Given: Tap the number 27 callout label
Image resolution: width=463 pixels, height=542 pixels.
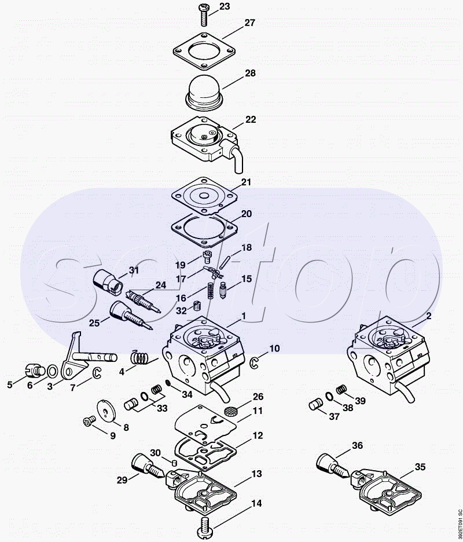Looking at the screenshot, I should click(249, 23).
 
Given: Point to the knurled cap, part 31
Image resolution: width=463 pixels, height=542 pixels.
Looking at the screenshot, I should click(109, 280).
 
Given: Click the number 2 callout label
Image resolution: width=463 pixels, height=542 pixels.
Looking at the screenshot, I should click(429, 316).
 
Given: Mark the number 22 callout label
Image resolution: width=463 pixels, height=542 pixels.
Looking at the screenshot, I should click(250, 120).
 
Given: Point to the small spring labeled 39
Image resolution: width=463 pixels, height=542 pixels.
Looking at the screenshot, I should click(342, 390).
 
